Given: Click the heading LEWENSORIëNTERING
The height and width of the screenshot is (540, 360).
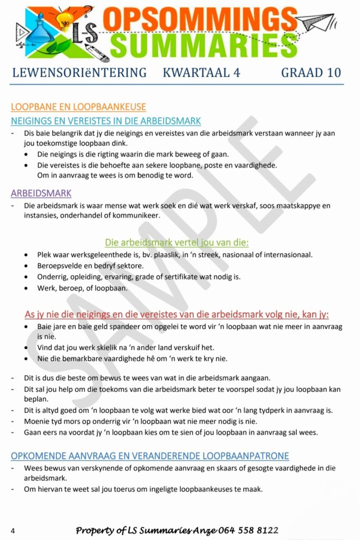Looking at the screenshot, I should tap(79, 73).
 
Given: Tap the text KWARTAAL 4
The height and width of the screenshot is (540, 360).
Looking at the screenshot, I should tap(201, 73).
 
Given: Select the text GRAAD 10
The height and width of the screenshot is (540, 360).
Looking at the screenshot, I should tap(311, 73).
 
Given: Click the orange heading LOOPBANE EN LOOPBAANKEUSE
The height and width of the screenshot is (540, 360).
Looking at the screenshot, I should tap(79, 107).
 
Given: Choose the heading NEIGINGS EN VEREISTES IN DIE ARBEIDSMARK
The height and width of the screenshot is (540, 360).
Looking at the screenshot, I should tap(106, 121).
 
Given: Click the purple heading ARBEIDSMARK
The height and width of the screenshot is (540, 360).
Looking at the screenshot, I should tap(41, 193).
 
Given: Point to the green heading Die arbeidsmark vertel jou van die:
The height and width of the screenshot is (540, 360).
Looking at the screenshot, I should tap(177, 243).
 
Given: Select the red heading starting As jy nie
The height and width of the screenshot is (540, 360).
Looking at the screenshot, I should tap(177, 314).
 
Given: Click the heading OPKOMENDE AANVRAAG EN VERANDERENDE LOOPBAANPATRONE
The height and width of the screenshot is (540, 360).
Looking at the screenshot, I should tap(150, 456).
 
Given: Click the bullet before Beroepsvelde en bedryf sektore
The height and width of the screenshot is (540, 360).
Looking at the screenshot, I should tap(27, 266).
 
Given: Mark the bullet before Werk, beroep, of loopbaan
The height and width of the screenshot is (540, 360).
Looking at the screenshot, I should tap(27, 288).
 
